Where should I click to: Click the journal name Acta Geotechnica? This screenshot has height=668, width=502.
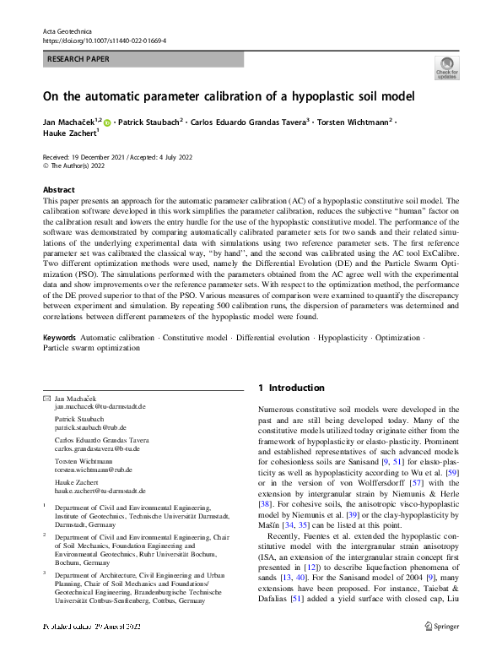tap(65, 30)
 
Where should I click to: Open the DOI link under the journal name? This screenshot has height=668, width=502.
tap(104, 40)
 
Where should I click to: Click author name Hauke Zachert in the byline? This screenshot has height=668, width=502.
tap(70, 133)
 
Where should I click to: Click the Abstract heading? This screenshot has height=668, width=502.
tap(58, 190)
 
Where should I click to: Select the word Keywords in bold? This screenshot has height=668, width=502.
tap(60, 361)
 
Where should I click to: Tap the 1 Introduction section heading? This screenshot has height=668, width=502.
tap(291, 388)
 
